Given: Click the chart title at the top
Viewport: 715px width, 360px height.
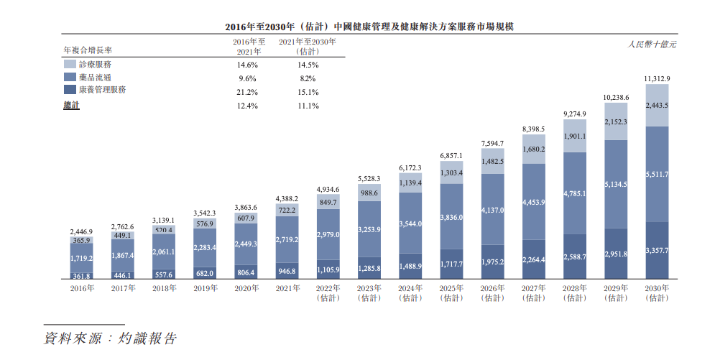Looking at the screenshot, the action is pos(369,27).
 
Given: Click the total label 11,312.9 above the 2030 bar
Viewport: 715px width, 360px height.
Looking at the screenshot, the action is pos(657,79).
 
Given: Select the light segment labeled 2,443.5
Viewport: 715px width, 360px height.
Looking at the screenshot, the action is pos(657,105).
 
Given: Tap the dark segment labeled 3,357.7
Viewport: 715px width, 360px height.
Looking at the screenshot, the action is pos(657,251).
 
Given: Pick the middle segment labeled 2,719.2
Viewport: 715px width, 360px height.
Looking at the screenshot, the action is pos(287,240).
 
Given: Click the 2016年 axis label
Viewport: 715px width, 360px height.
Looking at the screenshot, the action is pos(82,288).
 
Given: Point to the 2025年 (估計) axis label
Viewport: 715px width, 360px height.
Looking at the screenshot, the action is pos(451,293).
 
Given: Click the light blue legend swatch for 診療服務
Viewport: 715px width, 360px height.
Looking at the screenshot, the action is pos(70,64).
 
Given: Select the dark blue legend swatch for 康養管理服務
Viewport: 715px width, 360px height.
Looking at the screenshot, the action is pos(70,89).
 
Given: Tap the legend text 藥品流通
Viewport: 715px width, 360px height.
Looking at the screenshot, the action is pos(95,78).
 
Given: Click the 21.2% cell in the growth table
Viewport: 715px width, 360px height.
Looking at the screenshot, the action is pos(248,92).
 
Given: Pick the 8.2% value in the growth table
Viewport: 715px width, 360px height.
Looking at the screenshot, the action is pos(308,78).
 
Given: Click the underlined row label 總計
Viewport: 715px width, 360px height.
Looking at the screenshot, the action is pos(71,105).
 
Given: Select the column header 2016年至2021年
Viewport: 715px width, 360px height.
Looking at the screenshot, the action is pos(249,47).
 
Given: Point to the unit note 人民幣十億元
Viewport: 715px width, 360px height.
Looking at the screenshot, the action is pos(652,45).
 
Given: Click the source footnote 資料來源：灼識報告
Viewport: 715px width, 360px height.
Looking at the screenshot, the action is pos(110,338).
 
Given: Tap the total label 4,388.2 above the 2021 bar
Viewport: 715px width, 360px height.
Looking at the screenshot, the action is pos(287,199).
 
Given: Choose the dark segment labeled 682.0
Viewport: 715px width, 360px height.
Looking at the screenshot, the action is pos(205,273).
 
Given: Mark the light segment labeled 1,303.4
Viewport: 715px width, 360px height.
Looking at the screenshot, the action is pos(451,172).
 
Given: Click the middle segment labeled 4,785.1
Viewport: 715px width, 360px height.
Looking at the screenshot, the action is pos(575,193).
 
